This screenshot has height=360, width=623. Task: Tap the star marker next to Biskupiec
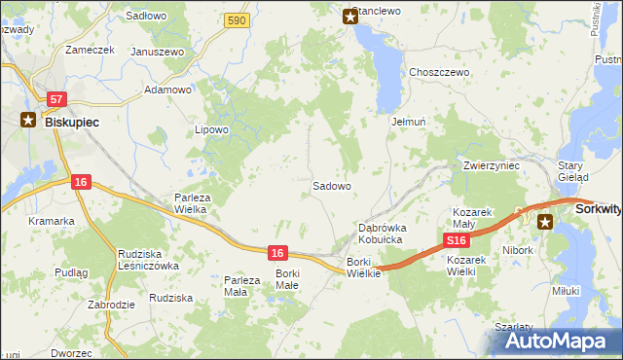[28, 122]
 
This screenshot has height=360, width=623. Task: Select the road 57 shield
[56, 99]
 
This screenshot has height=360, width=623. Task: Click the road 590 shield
[235, 20]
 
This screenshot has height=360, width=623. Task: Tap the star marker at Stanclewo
[350, 16]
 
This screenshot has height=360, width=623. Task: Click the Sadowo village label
[331, 185]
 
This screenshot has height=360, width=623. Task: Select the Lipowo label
[211, 129]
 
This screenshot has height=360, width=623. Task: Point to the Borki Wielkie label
[364, 268]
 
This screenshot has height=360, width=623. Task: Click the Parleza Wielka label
[194, 203]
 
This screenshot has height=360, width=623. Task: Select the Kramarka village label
[52, 221]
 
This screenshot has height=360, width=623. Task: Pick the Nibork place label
[519, 250]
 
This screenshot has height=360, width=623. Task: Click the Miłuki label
[566, 290]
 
